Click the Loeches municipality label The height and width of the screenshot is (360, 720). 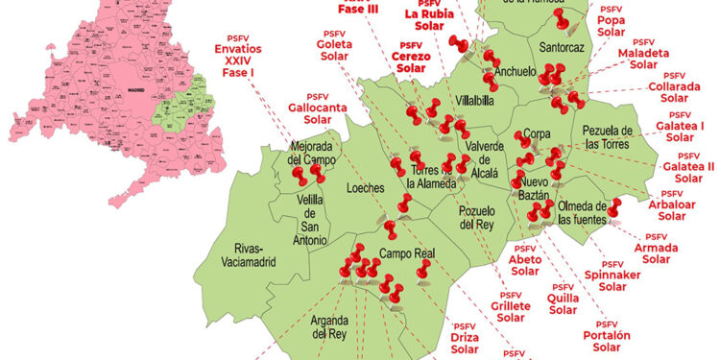point(364,188)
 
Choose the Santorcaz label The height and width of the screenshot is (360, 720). point(563,46)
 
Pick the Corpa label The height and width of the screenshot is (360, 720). point(536,136)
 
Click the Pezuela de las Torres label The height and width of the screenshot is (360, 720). point(607,136)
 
